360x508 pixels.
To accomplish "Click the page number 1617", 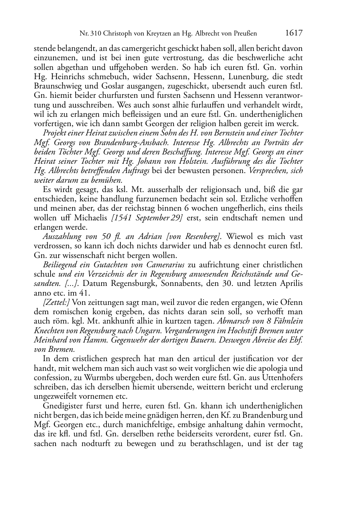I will coord(294,33).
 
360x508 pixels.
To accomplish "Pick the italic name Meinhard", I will coord(51,340).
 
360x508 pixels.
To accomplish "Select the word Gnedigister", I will coord(62,406).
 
